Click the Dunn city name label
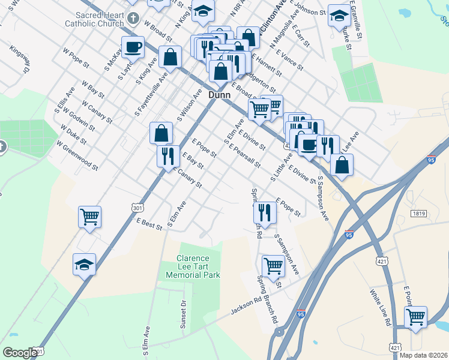pyautogui.click(x=220, y=95)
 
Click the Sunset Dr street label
pyautogui.click(x=184, y=315)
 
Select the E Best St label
pyautogui.click(x=149, y=224)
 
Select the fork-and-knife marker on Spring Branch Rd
pyautogui.click(x=264, y=211)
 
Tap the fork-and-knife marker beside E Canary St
pyautogui.click(x=168, y=156)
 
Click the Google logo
pyautogui.click(x=20, y=353)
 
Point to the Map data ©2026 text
pyautogui.click(x=423, y=355)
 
